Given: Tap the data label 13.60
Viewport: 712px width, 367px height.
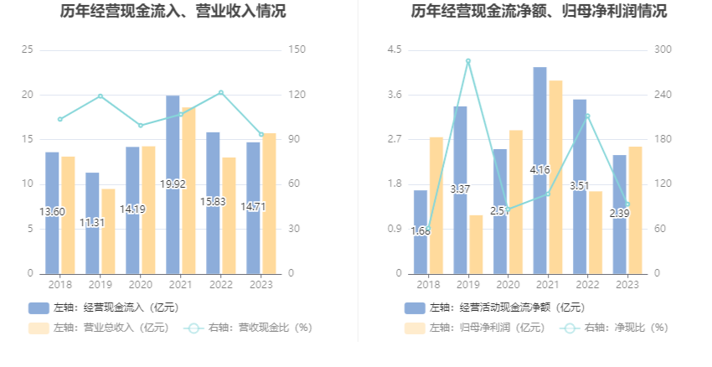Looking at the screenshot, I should point(52,212).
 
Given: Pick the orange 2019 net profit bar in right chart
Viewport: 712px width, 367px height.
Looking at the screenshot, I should point(476,244).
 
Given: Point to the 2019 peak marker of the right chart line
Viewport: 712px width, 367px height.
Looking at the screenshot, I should point(468,61).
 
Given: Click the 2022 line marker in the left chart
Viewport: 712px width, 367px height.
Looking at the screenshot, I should point(221,93).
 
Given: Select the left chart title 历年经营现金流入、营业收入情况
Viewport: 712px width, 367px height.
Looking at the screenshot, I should point(173,12).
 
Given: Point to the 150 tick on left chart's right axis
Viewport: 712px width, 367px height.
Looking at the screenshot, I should point(294,50).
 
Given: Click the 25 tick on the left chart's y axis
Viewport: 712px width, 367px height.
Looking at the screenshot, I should point(28,50).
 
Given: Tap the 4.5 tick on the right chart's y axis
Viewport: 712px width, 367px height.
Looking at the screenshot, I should point(394,50).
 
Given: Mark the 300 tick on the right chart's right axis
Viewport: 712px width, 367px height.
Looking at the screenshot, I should point(662,50).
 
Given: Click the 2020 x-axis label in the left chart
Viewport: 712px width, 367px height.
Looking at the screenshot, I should point(140,285).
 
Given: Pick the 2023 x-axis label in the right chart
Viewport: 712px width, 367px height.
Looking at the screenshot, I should point(627,285).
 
